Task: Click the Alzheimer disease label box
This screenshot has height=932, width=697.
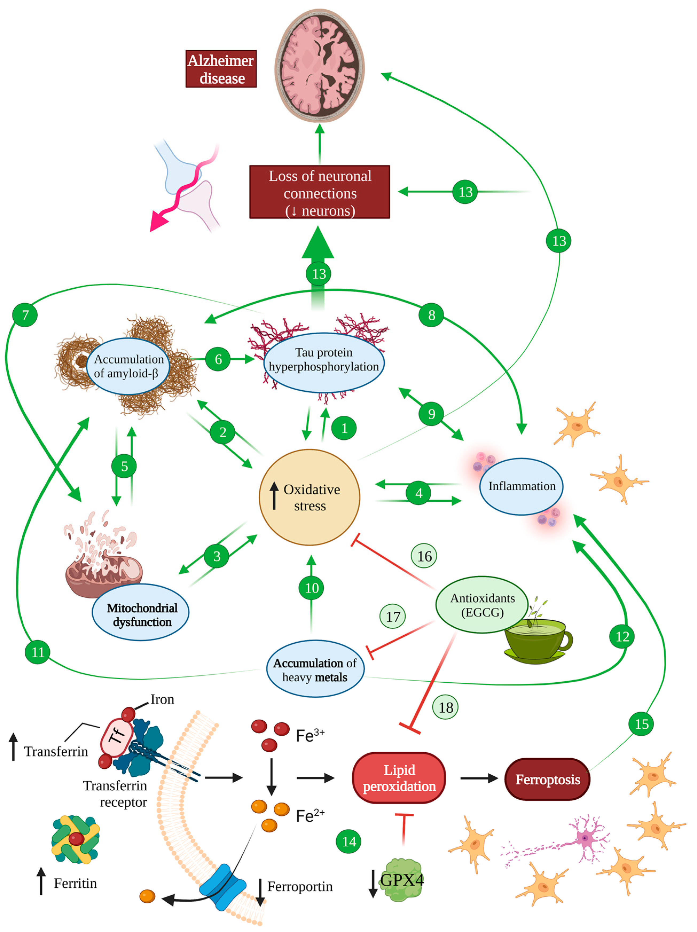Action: pyautogui.click(x=221, y=69)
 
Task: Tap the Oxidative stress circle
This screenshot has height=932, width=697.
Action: pyautogui.click(x=309, y=497)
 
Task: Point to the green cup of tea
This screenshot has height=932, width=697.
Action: pyautogui.click(x=536, y=639)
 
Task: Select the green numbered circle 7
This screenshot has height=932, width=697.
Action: pyautogui.click(x=25, y=315)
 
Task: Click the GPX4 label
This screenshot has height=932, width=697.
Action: pyautogui.click(x=401, y=880)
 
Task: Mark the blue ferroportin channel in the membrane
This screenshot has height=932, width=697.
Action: pyautogui.click(x=222, y=887)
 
